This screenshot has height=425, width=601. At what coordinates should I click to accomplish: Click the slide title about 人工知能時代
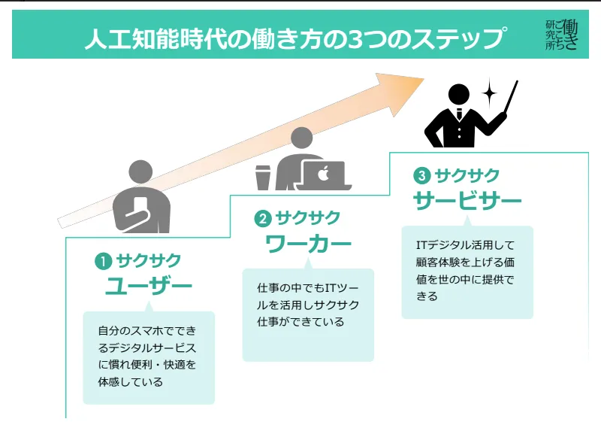click(294, 38)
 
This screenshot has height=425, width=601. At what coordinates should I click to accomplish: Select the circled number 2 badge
click(262, 219)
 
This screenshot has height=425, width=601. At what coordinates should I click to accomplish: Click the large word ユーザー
click(148, 287)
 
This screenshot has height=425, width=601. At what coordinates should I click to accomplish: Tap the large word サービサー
click(467, 202)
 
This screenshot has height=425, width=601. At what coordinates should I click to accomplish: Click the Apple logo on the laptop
click(324, 175)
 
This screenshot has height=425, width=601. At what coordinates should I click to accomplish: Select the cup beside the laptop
click(263, 177)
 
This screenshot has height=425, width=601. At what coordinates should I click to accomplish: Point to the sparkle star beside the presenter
click(490, 94)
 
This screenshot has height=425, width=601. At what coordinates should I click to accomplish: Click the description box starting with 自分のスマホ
click(149, 357)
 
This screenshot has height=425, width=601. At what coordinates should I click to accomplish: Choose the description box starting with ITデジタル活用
click(467, 271)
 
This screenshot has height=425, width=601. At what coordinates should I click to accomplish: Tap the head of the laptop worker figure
click(300, 141)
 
